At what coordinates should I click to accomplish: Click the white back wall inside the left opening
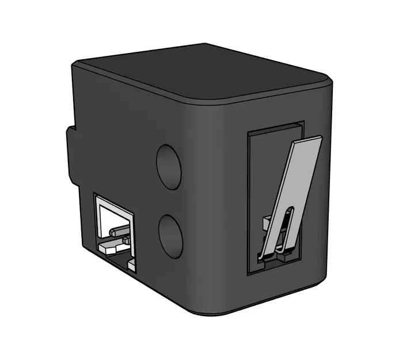coord(115,216)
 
